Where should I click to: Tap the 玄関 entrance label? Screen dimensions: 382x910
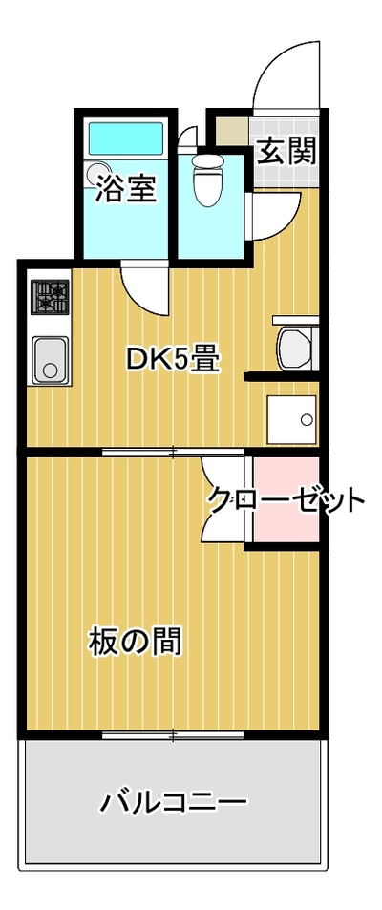coord(286,151)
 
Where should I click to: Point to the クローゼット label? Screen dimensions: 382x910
coord(286,500)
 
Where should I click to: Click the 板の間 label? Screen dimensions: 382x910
coord(135,642)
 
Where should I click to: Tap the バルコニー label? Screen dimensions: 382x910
coord(174,803)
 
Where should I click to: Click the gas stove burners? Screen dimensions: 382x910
coord(50,297)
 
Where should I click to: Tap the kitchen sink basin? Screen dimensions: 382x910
coord(51,359)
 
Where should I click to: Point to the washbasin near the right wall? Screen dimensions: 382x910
coord(295,349)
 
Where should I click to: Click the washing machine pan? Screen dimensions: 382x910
coord(291,419)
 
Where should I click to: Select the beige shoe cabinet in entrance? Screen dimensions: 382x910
coord(233,131)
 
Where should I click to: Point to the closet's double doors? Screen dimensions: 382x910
coord(224,499)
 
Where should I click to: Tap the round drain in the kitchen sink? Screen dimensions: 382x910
coord(51,370)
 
